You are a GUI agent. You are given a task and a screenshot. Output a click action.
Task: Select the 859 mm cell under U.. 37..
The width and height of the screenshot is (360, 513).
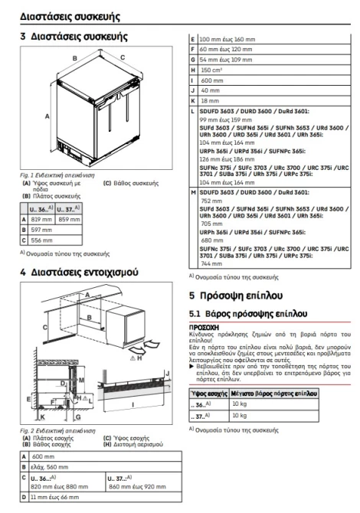[x=69, y=220]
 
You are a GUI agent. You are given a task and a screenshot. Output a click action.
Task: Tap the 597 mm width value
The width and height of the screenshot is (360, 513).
[x=41, y=230]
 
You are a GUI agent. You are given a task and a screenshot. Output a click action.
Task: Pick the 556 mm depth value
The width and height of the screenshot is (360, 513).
[x=41, y=240]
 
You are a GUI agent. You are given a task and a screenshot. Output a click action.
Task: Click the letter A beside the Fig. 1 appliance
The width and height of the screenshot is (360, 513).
[x=47, y=116]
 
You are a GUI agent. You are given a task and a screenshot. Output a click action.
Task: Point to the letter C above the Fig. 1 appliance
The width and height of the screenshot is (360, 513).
[x=123, y=57]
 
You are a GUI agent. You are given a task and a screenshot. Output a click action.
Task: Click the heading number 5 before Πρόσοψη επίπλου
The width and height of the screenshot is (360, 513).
[x=191, y=296]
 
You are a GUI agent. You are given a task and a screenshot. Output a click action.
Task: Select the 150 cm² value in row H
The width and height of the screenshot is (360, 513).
[x=211, y=70]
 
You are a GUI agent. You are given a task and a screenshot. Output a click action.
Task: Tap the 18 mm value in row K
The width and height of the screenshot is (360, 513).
[x=210, y=101]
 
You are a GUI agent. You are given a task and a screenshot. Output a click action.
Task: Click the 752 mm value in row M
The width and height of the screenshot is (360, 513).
[x=211, y=201]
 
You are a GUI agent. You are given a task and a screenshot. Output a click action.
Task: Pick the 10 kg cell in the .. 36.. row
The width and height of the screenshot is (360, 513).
[x=239, y=404]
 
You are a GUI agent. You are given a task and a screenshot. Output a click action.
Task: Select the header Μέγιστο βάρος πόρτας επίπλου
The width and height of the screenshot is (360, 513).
[x=274, y=394]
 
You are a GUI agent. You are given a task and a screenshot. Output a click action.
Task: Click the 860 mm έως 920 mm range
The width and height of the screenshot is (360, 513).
[x=137, y=487]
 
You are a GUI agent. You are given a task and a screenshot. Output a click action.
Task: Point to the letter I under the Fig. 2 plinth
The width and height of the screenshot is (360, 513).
[x=133, y=405]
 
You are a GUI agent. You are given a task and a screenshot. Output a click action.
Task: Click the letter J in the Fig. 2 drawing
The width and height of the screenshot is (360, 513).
[x=168, y=374]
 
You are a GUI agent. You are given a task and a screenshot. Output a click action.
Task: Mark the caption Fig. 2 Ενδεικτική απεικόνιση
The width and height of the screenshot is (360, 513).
[x=57, y=431]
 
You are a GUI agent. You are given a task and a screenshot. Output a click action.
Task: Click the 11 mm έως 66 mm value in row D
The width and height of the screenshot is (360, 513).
[x=54, y=497]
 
